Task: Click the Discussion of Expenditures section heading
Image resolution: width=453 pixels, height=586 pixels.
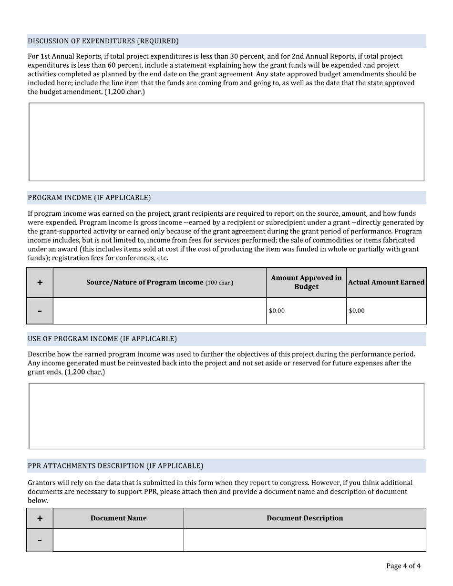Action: tap(103, 41)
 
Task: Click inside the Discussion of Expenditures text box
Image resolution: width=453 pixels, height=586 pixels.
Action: tap(226, 142)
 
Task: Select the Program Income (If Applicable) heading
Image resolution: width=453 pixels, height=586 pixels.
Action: tap(89, 198)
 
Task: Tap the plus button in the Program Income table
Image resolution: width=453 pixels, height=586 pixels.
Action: tap(40, 283)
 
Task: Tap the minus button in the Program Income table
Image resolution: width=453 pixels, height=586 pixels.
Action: tap(40, 311)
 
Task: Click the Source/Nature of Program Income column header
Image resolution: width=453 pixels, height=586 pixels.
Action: tap(159, 283)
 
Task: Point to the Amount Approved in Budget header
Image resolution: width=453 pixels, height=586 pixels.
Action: tap(306, 283)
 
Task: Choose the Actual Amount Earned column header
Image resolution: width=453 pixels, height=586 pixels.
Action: tap(386, 283)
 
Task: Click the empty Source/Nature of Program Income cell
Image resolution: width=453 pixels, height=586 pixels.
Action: tap(159, 311)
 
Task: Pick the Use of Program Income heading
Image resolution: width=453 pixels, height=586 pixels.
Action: tap(102, 339)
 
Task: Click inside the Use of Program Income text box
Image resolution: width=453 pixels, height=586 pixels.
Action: tap(226, 416)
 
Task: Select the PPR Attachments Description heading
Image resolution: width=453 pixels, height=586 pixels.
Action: tap(115, 466)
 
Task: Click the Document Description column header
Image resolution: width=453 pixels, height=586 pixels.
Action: tap(305, 518)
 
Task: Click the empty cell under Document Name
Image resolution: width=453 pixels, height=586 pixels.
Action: tap(118, 540)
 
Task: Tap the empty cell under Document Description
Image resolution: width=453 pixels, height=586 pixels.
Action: tap(305, 540)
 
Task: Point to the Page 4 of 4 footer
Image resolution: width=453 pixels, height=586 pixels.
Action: tap(403, 566)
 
